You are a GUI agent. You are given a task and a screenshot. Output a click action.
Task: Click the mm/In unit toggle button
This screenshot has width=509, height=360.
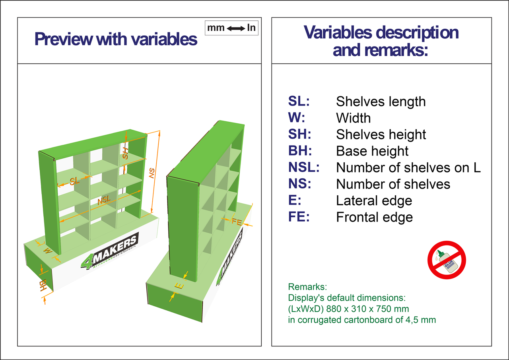click(231, 28)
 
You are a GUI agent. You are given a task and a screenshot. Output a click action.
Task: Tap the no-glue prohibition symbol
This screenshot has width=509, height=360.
click(447, 260)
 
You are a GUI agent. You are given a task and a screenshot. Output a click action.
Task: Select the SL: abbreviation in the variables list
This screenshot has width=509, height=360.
click(299, 101)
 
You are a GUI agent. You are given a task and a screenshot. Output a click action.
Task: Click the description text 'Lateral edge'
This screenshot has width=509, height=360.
click(374, 200)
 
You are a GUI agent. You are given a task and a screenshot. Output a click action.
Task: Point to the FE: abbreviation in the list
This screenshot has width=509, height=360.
click(299, 217)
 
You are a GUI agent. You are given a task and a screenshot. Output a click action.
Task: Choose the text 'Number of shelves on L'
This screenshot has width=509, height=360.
click(408, 168)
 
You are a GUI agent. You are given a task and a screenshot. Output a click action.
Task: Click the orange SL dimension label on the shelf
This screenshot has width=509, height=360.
click(75, 181)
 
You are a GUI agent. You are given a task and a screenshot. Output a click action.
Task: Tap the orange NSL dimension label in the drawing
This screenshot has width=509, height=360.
click(104, 200)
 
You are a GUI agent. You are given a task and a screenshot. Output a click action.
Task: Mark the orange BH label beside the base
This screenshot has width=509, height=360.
click(43, 285)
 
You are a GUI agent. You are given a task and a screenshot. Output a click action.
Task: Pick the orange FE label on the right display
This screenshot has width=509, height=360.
click(237, 221)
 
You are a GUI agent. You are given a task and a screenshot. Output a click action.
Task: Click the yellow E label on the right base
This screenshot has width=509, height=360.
click(179, 286)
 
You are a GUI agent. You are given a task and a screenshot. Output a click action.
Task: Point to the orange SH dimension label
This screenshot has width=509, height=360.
click(125, 153)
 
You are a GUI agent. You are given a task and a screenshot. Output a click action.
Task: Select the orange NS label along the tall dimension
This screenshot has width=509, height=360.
click(152, 173)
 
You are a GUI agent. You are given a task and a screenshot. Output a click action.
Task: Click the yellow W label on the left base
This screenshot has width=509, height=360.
click(48, 251)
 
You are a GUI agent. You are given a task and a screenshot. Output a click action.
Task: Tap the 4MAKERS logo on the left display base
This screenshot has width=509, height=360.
click(109, 251)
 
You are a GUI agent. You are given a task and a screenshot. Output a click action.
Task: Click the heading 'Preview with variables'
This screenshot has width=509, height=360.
click(116, 39)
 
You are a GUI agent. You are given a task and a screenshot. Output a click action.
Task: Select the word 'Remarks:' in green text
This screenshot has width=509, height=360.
click(307, 287)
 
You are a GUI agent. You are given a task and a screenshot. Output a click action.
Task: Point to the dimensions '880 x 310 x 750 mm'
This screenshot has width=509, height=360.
click(367, 309)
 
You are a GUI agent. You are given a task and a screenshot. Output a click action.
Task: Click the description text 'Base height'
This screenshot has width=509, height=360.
click(372, 151)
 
